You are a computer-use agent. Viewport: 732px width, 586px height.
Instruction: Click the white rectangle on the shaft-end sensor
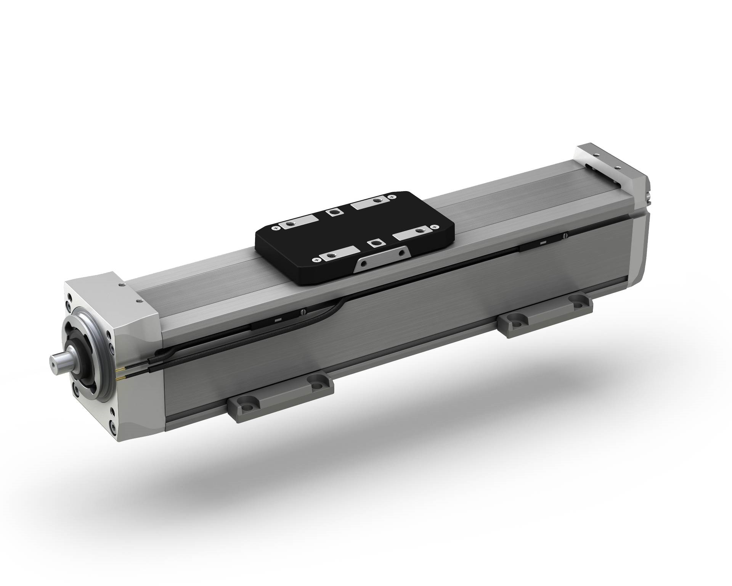(x=278, y=319)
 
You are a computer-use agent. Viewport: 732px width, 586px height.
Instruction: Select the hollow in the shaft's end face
(x=53, y=361)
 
